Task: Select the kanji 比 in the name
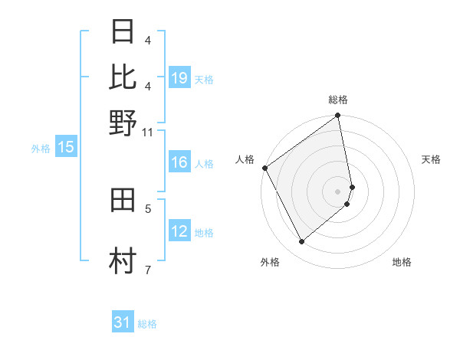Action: [x=123, y=77]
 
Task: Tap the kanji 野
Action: [x=123, y=123]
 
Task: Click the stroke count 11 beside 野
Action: [x=148, y=133]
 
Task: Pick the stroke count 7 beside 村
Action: [x=148, y=270]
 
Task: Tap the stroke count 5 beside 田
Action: [x=148, y=208]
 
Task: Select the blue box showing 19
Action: [x=179, y=78]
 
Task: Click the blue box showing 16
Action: [x=179, y=162]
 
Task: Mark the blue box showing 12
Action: [x=179, y=231]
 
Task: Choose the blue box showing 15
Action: [x=66, y=148]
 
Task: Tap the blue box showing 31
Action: [x=123, y=322]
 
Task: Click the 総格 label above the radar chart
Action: [x=338, y=100]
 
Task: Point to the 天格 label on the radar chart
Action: [x=431, y=159]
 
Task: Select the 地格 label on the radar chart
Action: [x=402, y=262]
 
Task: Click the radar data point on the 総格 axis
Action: [x=338, y=116]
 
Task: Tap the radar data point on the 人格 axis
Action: [x=264, y=168]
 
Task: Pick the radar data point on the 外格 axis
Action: [x=301, y=242]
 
